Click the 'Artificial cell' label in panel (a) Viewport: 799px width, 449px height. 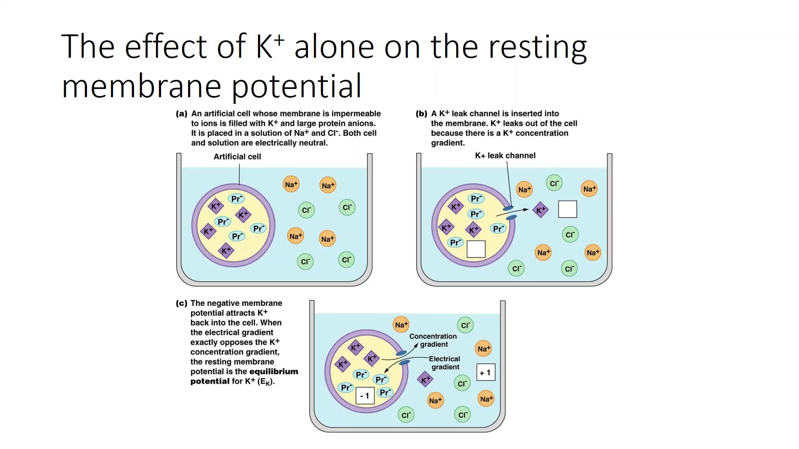click(237, 157)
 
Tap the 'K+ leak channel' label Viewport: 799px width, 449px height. click(505, 155)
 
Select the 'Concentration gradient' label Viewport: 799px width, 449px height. click(433, 340)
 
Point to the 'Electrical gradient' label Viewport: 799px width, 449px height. click(444, 363)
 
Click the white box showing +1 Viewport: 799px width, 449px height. click(486, 373)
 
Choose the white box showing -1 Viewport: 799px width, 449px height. click(365, 396)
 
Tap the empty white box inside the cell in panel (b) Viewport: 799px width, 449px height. click(476, 249)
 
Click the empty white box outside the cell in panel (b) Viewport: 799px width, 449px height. click(568, 209)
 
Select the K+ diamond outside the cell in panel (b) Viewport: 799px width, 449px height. click(541, 210)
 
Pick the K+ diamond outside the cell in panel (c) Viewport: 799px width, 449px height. click(425, 380)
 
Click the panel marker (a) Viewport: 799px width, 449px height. click(181, 113)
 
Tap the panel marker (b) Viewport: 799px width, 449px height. click(422, 113)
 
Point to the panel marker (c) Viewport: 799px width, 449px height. click(181, 303)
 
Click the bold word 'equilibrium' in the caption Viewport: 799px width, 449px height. click(272, 372)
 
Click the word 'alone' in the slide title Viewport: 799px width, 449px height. click(334, 47)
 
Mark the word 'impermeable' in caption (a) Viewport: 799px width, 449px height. click(356, 114)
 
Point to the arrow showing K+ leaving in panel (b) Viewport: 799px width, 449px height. click(512, 212)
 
